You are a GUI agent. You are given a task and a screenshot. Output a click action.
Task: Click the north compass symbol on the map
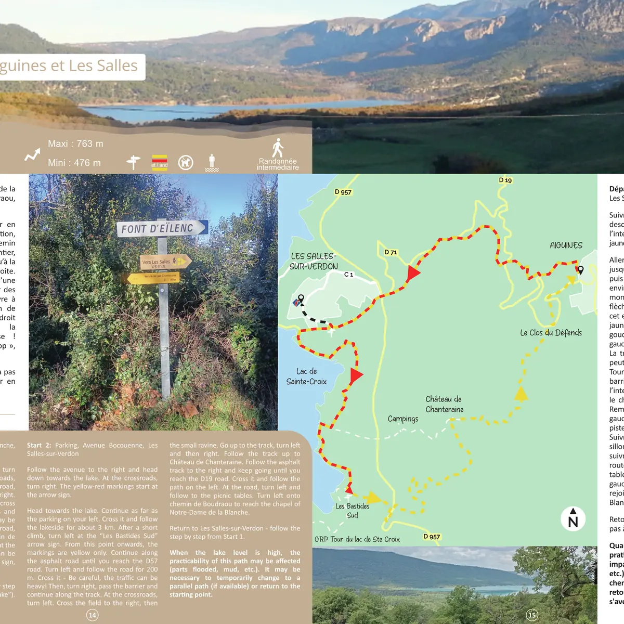573,518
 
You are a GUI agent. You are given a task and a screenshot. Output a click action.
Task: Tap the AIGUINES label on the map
566,245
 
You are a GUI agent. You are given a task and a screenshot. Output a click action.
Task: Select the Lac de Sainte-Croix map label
306,376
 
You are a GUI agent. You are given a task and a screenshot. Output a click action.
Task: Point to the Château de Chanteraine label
445,404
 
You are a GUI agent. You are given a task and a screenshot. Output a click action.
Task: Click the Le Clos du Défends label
551,333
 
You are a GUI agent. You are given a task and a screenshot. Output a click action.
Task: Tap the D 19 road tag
505,180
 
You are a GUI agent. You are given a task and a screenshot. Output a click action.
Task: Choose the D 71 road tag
391,252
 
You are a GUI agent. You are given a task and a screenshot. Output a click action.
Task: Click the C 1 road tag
348,275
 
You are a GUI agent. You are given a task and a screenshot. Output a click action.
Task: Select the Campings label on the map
402,419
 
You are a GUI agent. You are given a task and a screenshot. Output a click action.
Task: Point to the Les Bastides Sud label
353,511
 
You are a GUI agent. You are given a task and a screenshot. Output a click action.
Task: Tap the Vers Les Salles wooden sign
165,262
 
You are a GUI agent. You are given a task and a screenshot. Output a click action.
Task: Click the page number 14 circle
92,615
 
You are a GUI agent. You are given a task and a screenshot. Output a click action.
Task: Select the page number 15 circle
532,615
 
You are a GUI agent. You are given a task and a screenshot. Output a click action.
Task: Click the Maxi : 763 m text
75,144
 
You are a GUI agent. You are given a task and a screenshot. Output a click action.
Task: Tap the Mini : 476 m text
74,163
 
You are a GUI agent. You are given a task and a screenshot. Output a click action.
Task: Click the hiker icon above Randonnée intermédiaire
278,148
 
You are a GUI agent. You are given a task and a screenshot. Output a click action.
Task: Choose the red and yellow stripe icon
159,162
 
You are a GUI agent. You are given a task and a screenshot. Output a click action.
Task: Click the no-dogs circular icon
186,163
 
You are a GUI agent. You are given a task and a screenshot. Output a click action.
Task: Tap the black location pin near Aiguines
580,270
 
